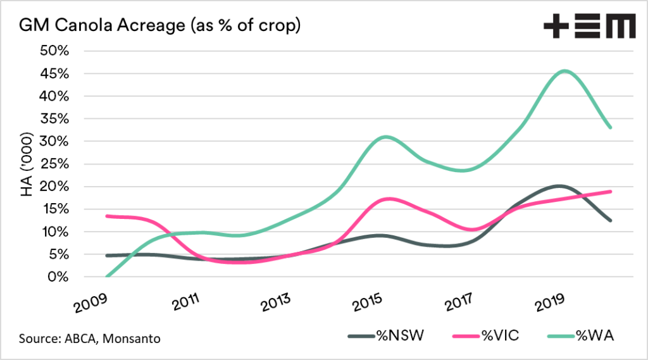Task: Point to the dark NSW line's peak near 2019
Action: [559, 186]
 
